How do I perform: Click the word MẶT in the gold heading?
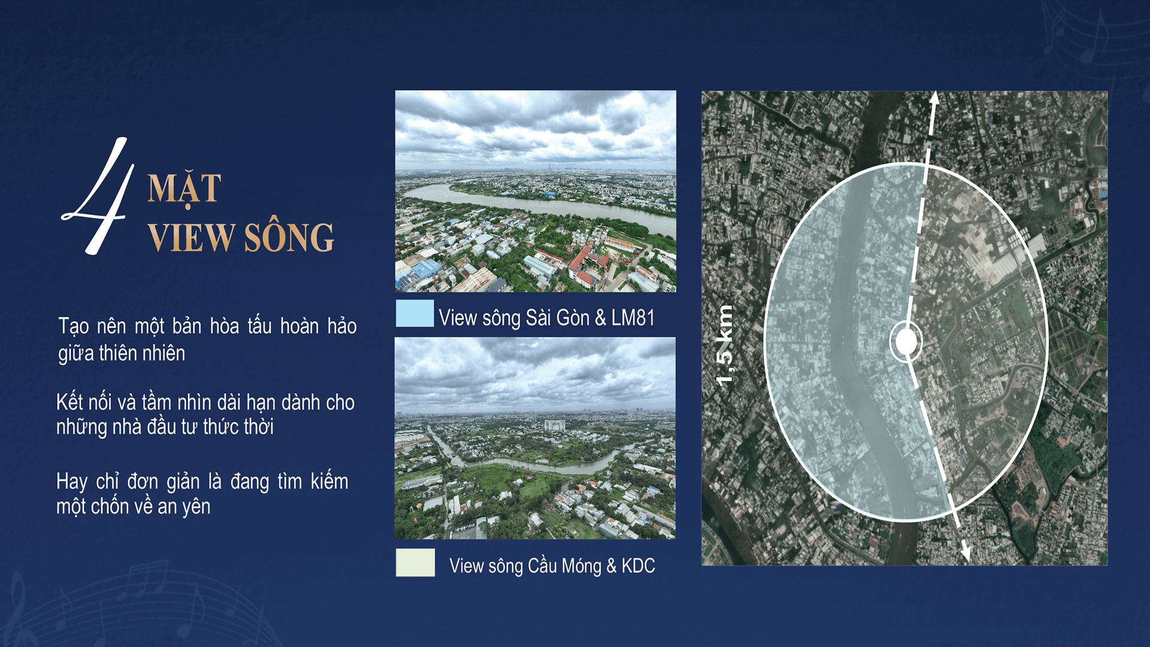[184, 189]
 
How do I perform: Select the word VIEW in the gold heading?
[191, 237]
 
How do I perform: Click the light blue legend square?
[414, 313]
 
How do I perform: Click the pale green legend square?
[415, 563]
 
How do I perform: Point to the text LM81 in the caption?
[633, 318]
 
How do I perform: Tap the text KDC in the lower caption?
[638, 566]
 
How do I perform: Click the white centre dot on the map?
[906, 341]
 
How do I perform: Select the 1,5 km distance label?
[725, 344]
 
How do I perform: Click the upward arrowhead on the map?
[934, 98]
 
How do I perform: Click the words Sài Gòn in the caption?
[558, 318]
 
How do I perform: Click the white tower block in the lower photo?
[555, 425]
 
